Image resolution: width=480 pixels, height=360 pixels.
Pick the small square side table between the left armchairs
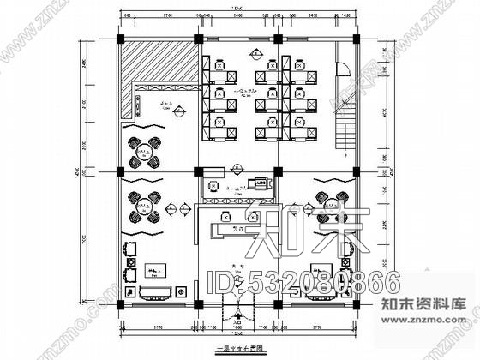pos(129,261)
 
